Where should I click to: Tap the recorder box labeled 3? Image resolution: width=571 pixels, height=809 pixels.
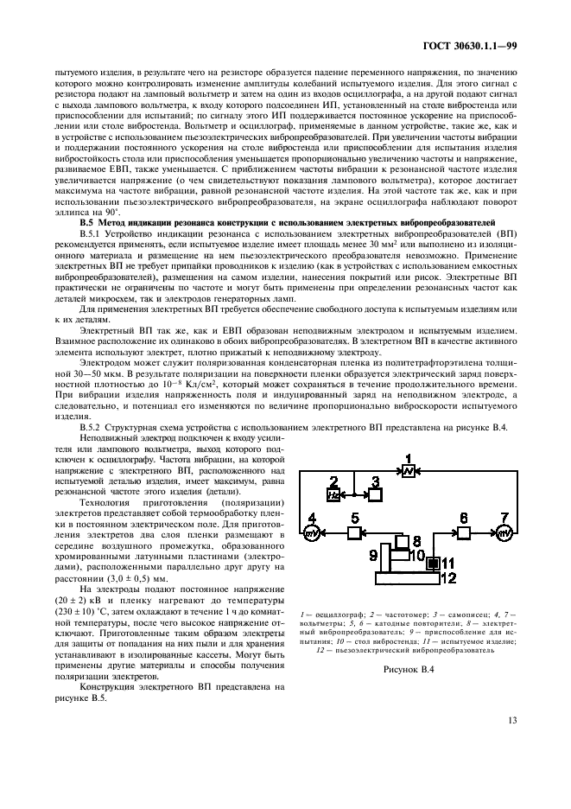pos(376,495)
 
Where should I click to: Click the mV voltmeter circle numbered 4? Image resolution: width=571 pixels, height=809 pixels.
pos(311,534)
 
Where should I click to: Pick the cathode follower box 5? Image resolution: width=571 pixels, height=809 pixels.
pos(354,534)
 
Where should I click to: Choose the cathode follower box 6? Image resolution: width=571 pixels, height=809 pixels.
pos(463,534)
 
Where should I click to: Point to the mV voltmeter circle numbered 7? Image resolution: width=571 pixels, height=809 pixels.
pos(504,534)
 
